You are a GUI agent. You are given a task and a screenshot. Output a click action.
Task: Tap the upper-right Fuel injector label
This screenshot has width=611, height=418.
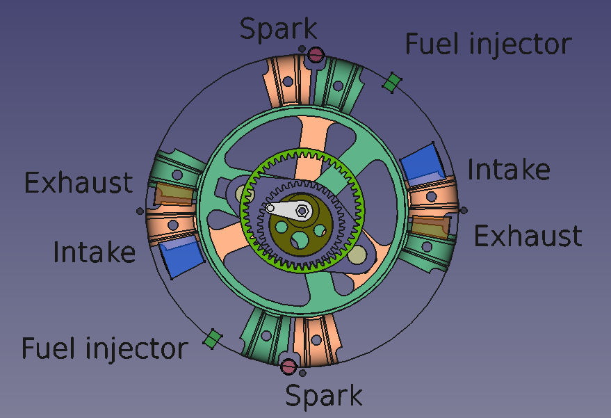[489, 45]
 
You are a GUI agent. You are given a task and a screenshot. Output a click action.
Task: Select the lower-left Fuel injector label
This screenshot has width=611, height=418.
[105, 349]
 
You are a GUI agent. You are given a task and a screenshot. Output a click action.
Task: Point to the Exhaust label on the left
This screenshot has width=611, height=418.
[79, 183]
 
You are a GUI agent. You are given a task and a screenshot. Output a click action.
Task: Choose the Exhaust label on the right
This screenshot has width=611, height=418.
[528, 236]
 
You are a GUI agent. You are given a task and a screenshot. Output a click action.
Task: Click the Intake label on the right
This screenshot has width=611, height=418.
[509, 170]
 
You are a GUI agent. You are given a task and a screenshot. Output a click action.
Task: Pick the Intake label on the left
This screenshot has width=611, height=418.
[95, 252]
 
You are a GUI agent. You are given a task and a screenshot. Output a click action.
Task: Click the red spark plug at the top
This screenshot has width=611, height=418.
[316, 54]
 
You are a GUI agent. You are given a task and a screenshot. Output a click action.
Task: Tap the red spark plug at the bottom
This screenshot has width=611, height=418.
[288, 367]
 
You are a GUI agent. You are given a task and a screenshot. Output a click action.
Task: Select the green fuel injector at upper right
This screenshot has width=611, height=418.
[391, 82]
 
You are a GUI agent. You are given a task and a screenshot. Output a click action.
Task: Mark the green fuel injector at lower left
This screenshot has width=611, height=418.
[213, 339]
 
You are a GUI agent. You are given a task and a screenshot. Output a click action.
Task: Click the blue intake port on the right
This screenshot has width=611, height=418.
[422, 163]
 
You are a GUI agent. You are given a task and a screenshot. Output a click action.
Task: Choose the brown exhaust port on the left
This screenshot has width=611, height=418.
[174, 194]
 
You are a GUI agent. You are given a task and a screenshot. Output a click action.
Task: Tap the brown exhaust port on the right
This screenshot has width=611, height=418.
[430, 226]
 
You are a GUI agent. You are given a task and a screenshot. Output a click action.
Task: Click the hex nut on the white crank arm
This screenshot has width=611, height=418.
[302, 211]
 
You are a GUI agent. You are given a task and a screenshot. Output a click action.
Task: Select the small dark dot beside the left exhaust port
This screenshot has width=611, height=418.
[140, 211]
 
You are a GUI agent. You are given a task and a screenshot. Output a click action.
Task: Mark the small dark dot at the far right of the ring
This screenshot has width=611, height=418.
[464, 211]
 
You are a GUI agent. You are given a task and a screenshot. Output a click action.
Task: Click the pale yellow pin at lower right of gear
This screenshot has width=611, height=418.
[357, 255]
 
